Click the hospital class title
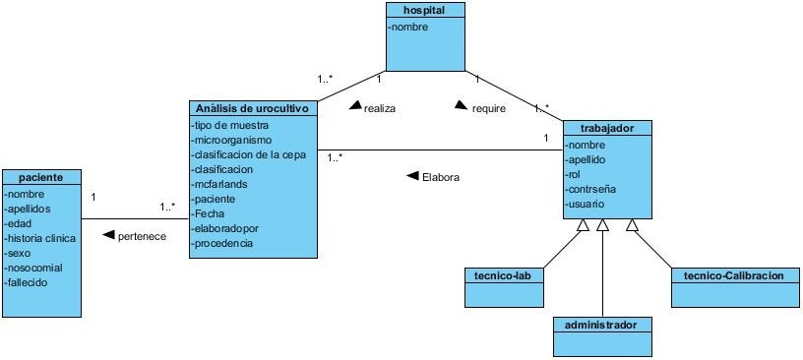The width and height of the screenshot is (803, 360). coord(424,10)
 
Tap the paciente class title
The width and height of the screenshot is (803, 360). coord(40,177)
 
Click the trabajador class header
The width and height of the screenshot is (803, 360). coord(606,128)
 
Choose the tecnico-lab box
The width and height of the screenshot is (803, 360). coord(504,275)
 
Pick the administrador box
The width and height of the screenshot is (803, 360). coord(601,324)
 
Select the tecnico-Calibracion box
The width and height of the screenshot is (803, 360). coord(733,275)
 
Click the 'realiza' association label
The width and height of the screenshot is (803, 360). coord(379,109)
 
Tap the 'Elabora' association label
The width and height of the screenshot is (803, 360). coord(440,178)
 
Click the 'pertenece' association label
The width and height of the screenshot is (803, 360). coord(142,237)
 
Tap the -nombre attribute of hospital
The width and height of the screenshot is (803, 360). coord(408,28)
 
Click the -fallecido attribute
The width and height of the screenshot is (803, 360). coord(29,282)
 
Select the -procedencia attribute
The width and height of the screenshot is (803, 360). coord(224,243)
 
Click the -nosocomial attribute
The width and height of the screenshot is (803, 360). coord(33,268)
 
